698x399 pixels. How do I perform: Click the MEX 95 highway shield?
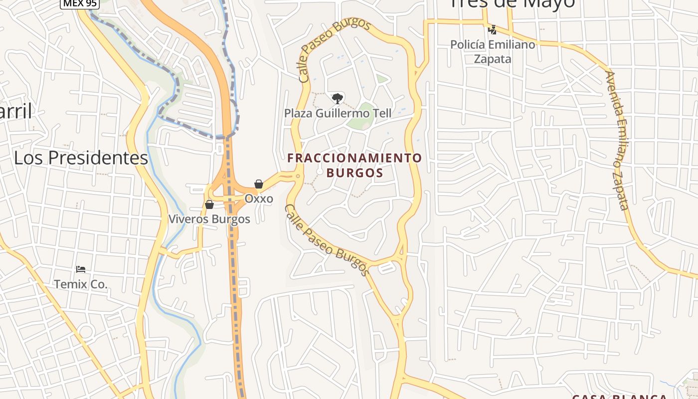point(80,3)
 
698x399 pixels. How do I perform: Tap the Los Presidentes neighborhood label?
point(81,158)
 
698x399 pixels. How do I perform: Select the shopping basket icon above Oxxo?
point(259,184)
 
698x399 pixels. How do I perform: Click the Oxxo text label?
point(259,199)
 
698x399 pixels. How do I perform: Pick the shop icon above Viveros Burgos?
point(209,204)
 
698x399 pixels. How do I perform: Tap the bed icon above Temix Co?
point(81,270)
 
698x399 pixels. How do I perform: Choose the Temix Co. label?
point(81,284)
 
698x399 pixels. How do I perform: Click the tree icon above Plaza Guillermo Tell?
point(338,98)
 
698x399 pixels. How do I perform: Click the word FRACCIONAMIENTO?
point(354,158)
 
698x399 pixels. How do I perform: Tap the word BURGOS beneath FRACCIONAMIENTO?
point(354,173)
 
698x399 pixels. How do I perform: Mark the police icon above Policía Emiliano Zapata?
point(493,30)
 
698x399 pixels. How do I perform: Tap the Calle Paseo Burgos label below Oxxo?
point(327,240)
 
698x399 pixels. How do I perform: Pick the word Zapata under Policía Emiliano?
point(493,59)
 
